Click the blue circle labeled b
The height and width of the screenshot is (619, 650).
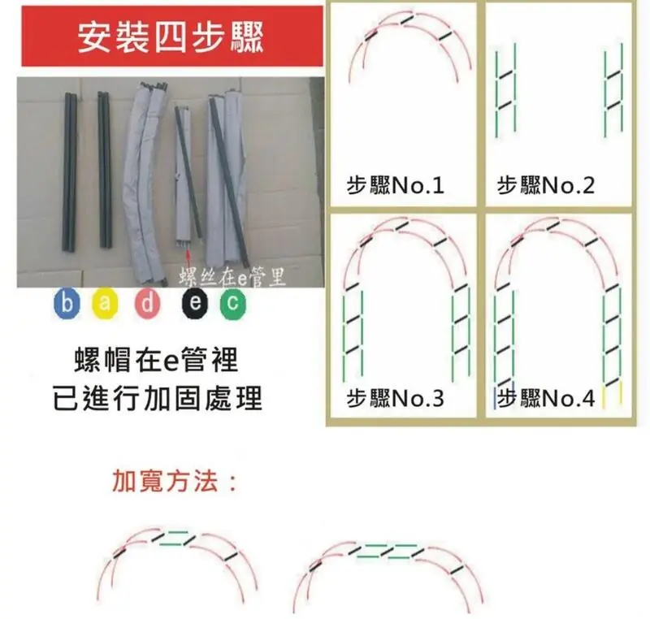[x=67, y=304]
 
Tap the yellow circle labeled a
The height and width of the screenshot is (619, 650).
[x=105, y=304]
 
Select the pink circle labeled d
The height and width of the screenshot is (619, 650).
[x=147, y=304]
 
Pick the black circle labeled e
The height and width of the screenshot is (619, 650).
[x=195, y=304]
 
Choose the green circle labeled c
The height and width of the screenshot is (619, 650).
[x=232, y=304]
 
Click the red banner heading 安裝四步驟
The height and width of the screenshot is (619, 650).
[x=172, y=37]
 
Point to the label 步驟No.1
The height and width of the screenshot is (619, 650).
[x=395, y=185]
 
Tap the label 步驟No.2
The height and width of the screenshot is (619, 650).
[x=545, y=185]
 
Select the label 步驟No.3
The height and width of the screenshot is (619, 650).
[x=395, y=398]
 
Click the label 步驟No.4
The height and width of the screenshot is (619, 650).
[x=545, y=398]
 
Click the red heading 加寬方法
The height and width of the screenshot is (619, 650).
[x=175, y=481]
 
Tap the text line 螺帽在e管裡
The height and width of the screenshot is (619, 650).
[x=157, y=360]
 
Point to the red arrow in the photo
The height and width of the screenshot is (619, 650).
[x=188, y=259]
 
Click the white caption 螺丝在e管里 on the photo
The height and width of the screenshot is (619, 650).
[x=232, y=277]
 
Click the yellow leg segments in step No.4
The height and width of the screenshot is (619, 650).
[x=613, y=395]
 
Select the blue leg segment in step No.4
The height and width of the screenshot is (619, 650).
[x=495, y=398]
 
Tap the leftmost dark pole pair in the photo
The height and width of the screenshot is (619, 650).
[x=70, y=172]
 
